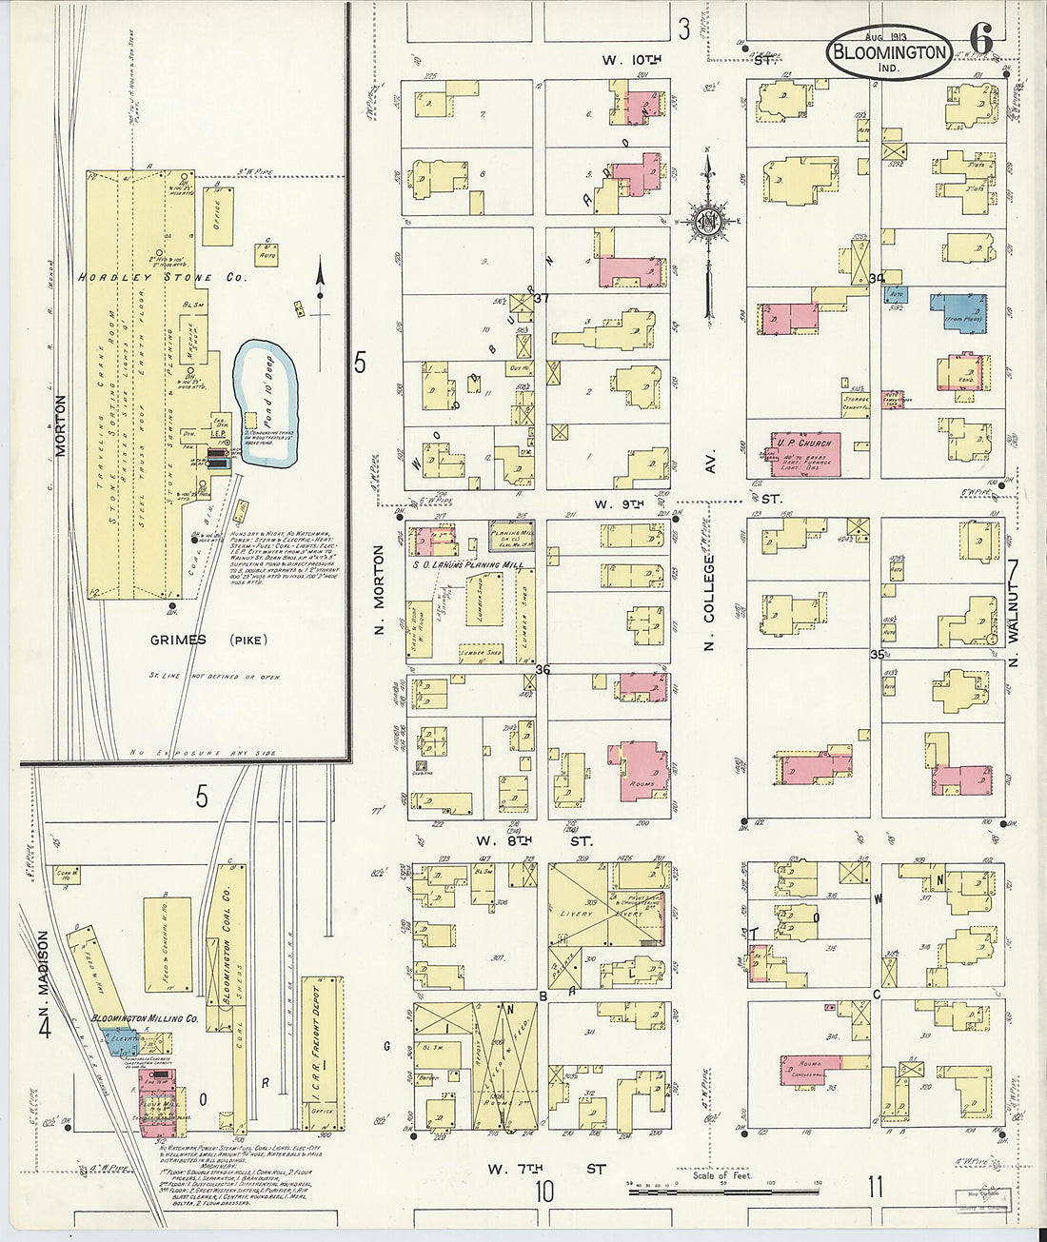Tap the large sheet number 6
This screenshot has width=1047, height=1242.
(x=981, y=39)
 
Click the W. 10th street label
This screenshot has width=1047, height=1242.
(x=632, y=60)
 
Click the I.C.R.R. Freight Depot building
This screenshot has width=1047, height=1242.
(x=321, y=1056)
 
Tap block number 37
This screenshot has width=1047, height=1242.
(x=543, y=298)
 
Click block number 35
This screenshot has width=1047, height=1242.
(x=878, y=655)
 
